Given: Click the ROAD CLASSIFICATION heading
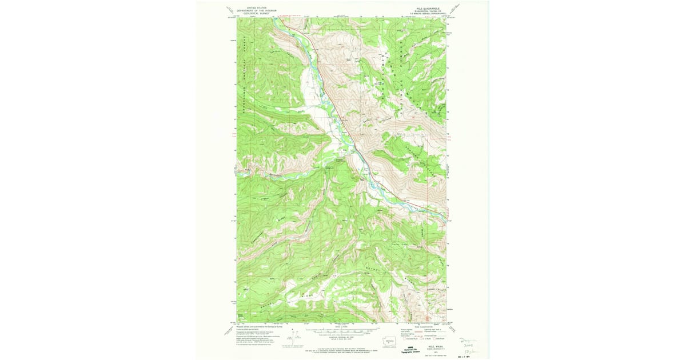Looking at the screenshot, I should [x=422, y=327].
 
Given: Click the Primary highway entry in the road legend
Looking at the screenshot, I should [x=408, y=330].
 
